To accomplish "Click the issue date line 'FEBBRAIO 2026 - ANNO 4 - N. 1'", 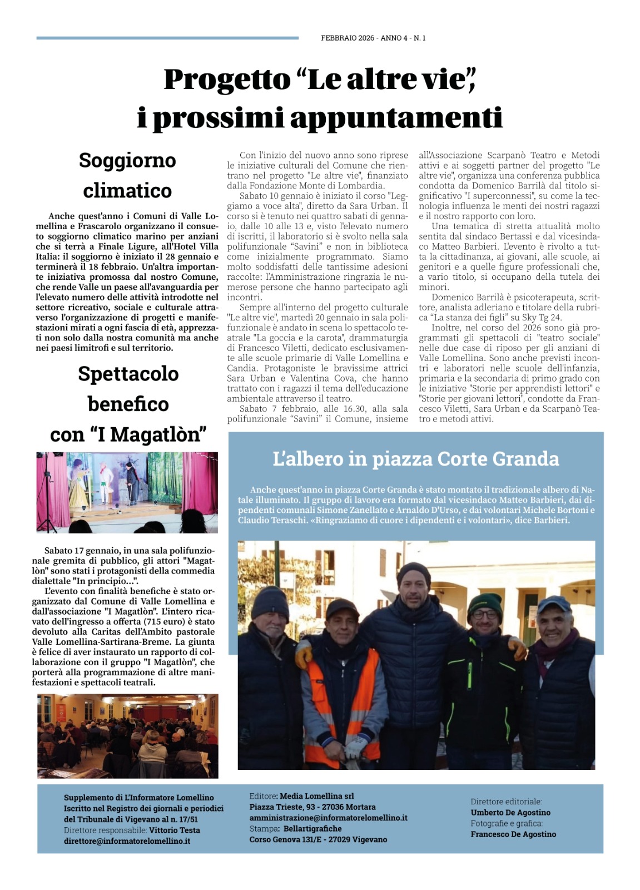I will click(x=373, y=38).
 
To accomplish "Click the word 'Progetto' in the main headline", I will click(x=227, y=79).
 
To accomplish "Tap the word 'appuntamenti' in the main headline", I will click(x=396, y=118).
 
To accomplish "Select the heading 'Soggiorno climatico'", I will click(x=127, y=175).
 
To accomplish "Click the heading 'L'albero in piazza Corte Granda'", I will click(x=415, y=459).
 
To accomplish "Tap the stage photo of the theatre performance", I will click(x=127, y=492).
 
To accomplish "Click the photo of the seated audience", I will click(x=128, y=735).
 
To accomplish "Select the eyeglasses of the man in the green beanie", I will click(x=483, y=615).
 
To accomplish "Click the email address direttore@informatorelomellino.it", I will click(x=127, y=841).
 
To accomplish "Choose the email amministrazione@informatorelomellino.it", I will click(x=328, y=818).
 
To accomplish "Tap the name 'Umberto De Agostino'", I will click(x=510, y=812).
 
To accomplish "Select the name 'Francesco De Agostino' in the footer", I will click(x=513, y=834).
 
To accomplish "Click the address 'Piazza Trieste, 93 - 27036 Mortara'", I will click(x=312, y=807).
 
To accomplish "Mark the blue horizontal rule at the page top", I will click(x=167, y=38).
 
